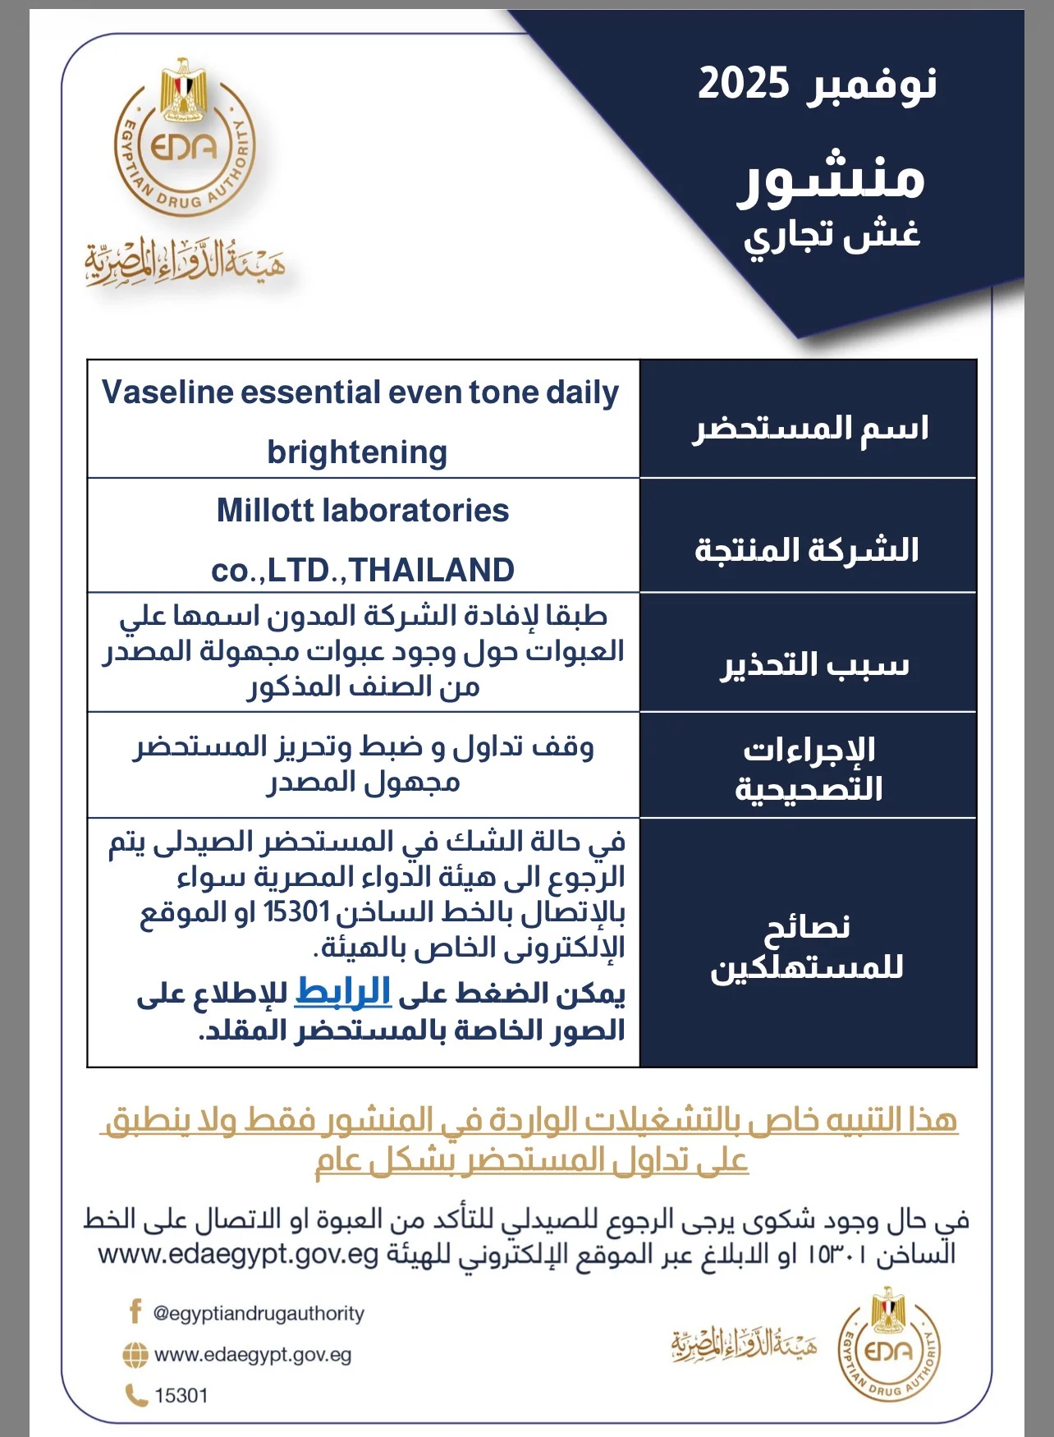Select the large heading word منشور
point(831,178)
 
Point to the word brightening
point(357,452)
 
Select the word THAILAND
point(433,570)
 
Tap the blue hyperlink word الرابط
point(342,991)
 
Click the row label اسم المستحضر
point(809,428)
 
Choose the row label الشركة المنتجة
point(807,549)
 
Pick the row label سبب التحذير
point(814,664)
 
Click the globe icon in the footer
point(135,1355)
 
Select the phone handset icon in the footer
point(135,1395)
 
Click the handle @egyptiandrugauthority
point(259,1313)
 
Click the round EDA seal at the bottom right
point(888,1348)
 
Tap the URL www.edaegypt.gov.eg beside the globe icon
point(253,1355)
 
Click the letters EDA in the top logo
point(184,148)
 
